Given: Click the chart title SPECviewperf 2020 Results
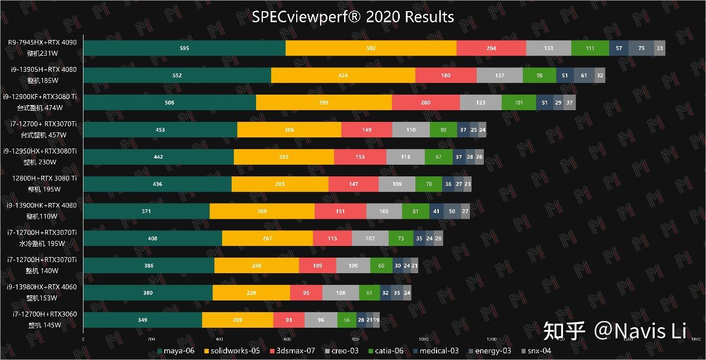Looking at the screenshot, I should click(x=353, y=17).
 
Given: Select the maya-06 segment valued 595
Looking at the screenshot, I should click(x=184, y=48).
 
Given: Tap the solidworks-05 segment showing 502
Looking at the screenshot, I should click(x=371, y=48).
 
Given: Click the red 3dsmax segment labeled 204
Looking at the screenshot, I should click(x=491, y=48).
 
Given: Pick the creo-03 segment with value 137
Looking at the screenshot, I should click(x=499, y=76).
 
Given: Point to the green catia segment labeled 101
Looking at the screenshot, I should click(x=518, y=103).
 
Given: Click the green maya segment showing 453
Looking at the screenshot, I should click(x=160, y=130).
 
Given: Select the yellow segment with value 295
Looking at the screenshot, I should click(x=284, y=157).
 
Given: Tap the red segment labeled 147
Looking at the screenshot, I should click(x=354, y=184).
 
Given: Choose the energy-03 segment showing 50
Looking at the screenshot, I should click(x=452, y=211).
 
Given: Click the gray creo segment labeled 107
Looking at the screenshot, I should click(x=370, y=239).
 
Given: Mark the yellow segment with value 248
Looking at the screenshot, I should click(x=257, y=266).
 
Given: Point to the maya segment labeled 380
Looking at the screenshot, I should click(x=148, y=293).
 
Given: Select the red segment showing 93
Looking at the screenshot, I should click(x=289, y=320).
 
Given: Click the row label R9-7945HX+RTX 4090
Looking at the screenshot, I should click(x=42, y=42).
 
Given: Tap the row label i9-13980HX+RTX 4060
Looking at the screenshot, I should click(x=42, y=287).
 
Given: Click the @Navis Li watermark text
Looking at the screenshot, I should click(x=640, y=331).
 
